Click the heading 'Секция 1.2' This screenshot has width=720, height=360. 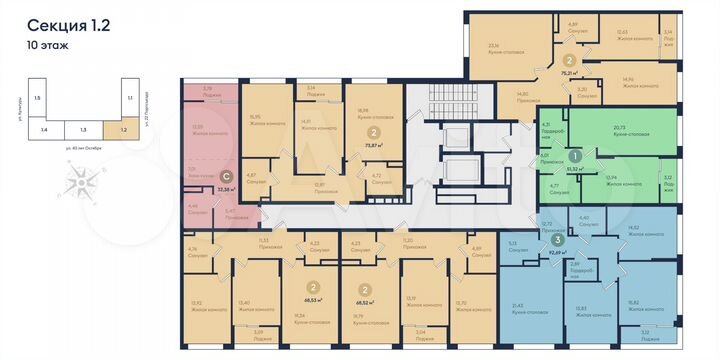67,26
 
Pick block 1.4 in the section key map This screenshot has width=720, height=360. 43,129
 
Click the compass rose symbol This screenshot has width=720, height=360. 85,183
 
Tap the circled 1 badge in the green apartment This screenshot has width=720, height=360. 575,157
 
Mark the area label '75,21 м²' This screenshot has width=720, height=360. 571,73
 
